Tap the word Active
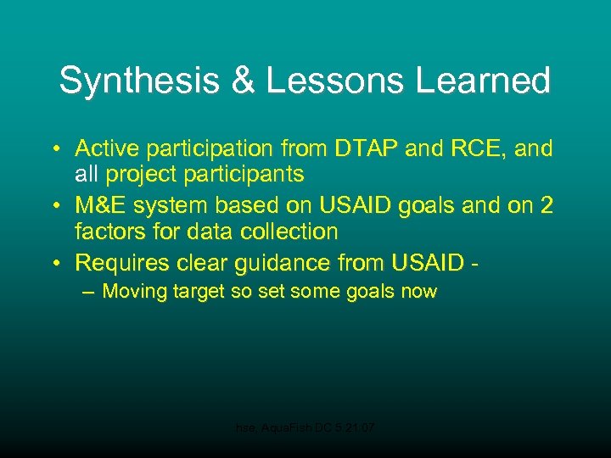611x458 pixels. (106, 149)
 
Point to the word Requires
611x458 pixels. (120, 262)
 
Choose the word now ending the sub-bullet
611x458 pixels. (418, 293)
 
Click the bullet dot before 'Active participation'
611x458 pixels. (53, 150)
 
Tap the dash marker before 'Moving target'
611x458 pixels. (88, 292)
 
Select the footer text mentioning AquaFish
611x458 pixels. (305, 430)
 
